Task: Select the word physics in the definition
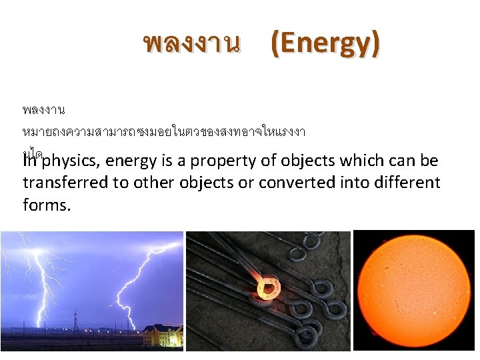[x=71, y=161]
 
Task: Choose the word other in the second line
[x=153, y=183]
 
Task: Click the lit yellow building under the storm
[x=162, y=335]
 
